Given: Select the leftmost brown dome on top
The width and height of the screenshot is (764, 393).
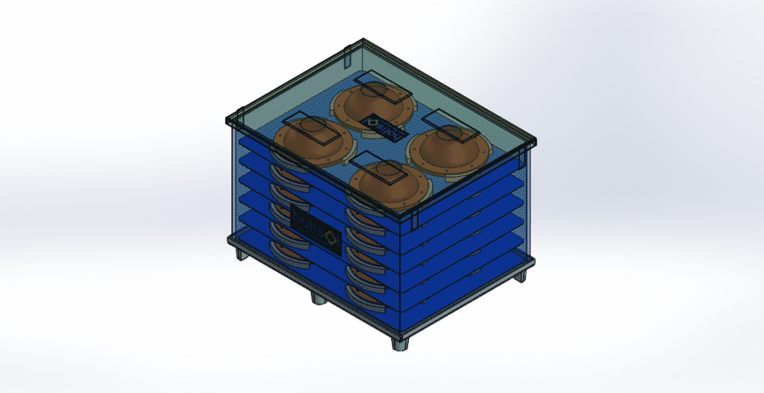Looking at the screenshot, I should [x=311, y=142].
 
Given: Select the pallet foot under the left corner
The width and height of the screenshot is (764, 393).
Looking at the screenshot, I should [x=241, y=253].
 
